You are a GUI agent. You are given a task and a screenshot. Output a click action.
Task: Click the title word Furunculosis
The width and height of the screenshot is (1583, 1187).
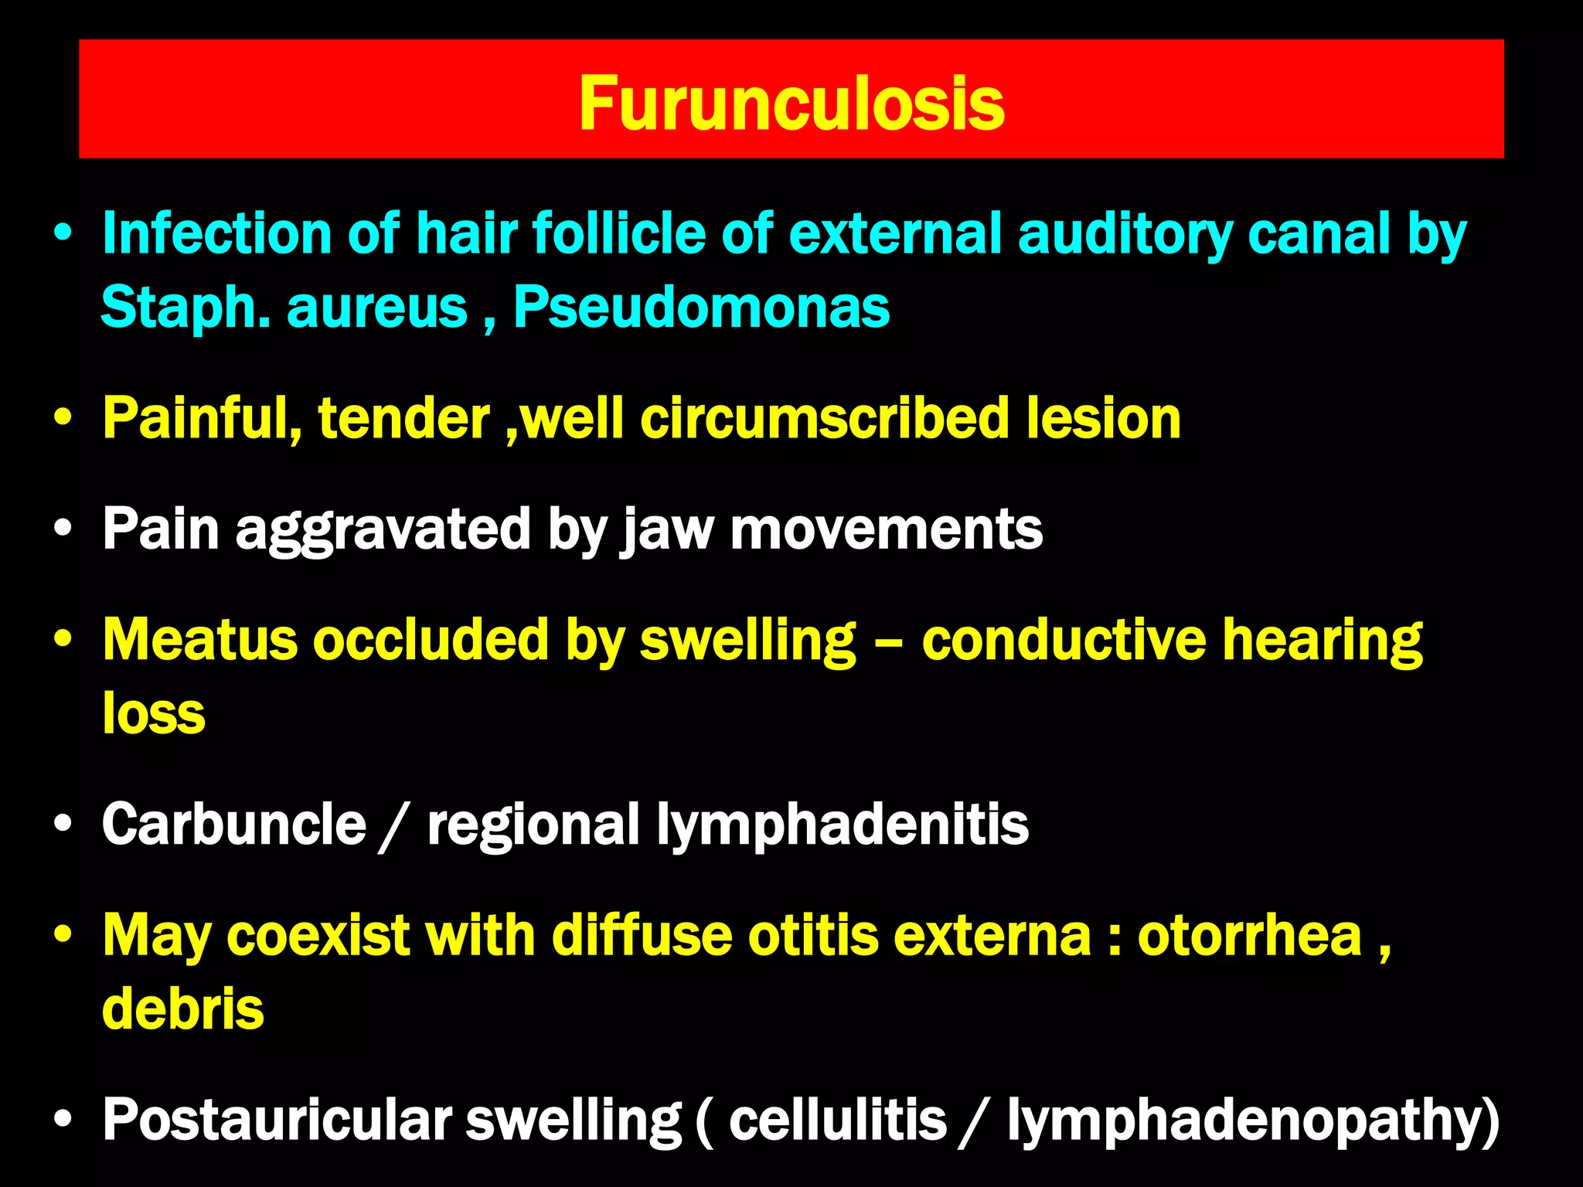point(791,104)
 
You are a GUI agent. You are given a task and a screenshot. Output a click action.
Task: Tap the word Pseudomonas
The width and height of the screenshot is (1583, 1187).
point(701,308)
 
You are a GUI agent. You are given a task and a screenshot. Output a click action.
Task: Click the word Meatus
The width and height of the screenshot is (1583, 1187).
point(199,640)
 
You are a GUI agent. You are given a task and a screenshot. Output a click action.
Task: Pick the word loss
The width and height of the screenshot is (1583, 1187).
point(154,713)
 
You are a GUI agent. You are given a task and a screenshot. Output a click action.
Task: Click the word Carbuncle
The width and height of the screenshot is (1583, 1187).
point(233,824)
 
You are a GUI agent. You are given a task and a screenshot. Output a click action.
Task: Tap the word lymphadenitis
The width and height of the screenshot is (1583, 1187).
point(843,825)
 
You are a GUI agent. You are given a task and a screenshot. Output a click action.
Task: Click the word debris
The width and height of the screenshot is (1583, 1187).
point(182,1008)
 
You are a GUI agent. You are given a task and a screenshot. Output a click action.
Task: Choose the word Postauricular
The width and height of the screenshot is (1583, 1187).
point(277,1120)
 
